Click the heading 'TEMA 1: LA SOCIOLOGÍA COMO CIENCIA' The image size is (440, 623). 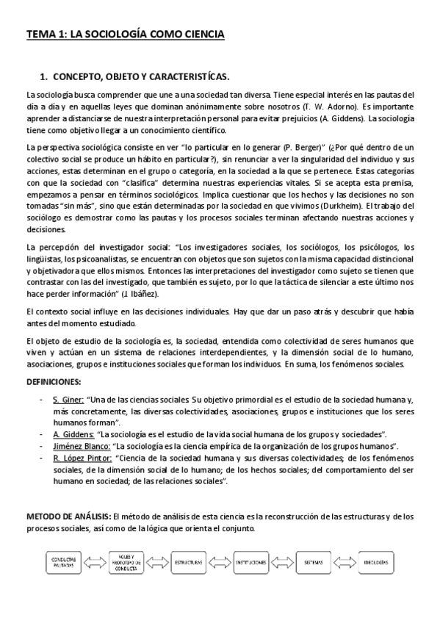pos(125,34)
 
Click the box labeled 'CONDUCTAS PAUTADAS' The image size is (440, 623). pos(62,562)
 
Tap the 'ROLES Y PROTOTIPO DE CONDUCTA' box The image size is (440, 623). pos(126,561)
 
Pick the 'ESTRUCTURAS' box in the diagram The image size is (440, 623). pos(188,562)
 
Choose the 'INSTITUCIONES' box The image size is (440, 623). pos(251,562)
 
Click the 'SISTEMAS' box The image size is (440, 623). pos(315,562)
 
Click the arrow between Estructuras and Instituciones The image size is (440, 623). pos(220,562)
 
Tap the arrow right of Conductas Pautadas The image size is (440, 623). pos(94,562)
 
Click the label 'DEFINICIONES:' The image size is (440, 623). pos(54,382)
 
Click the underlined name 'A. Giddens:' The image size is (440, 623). pos(73,434)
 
